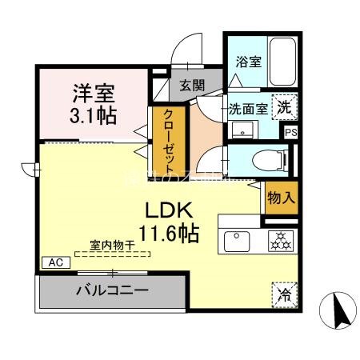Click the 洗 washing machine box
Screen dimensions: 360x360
[285, 106]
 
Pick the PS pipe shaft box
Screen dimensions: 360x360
[290, 132]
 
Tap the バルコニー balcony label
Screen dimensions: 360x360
[112, 290]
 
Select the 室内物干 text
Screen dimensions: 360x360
[112, 247]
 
